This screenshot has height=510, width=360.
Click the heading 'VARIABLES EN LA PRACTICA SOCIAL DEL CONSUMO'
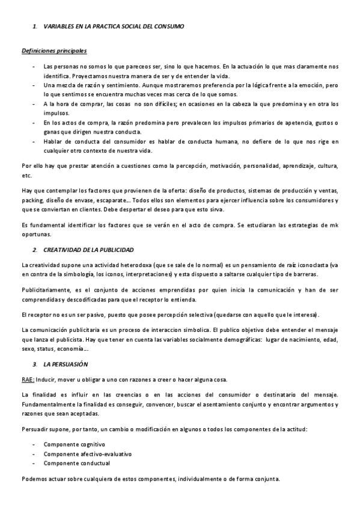[x=114, y=26]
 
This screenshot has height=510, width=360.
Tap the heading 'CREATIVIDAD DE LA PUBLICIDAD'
[x=88, y=249]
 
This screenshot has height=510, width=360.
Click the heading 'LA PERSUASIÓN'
[x=66, y=364]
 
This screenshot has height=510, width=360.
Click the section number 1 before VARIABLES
[x=34, y=26]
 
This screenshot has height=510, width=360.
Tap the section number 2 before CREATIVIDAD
[x=34, y=249]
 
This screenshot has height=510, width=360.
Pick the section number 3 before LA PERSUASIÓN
[x=34, y=364]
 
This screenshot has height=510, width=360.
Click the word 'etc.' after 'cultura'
[x=26, y=176]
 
